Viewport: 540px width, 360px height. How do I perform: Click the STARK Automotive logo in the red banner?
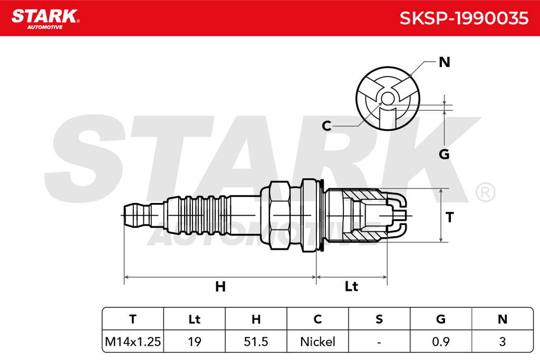45,19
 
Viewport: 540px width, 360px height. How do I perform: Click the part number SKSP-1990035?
464,18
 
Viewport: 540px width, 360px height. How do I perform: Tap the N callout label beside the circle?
444,62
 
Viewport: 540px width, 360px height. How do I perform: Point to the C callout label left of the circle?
326,126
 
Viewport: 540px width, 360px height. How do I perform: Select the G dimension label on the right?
444,154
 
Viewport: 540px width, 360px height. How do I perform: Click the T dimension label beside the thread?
449,217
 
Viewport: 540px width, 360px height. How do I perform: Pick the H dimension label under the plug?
220,286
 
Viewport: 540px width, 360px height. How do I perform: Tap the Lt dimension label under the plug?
351,286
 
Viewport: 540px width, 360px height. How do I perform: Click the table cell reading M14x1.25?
132,342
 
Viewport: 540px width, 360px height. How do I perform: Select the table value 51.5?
256,342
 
